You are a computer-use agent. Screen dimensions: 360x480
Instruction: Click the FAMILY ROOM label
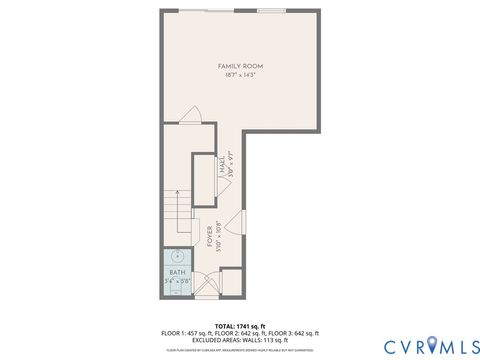click(240, 66)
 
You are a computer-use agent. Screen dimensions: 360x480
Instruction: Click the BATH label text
click(177, 272)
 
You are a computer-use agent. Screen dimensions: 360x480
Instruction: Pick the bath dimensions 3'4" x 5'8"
click(177, 281)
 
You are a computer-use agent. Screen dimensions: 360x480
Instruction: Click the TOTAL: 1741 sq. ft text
click(240, 326)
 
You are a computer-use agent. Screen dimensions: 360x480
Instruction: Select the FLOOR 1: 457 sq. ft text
click(183, 332)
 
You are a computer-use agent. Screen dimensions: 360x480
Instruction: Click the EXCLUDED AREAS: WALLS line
click(240, 339)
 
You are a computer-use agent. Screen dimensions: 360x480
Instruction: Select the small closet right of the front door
click(231, 281)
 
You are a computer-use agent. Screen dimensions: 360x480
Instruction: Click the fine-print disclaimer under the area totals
click(240, 350)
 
